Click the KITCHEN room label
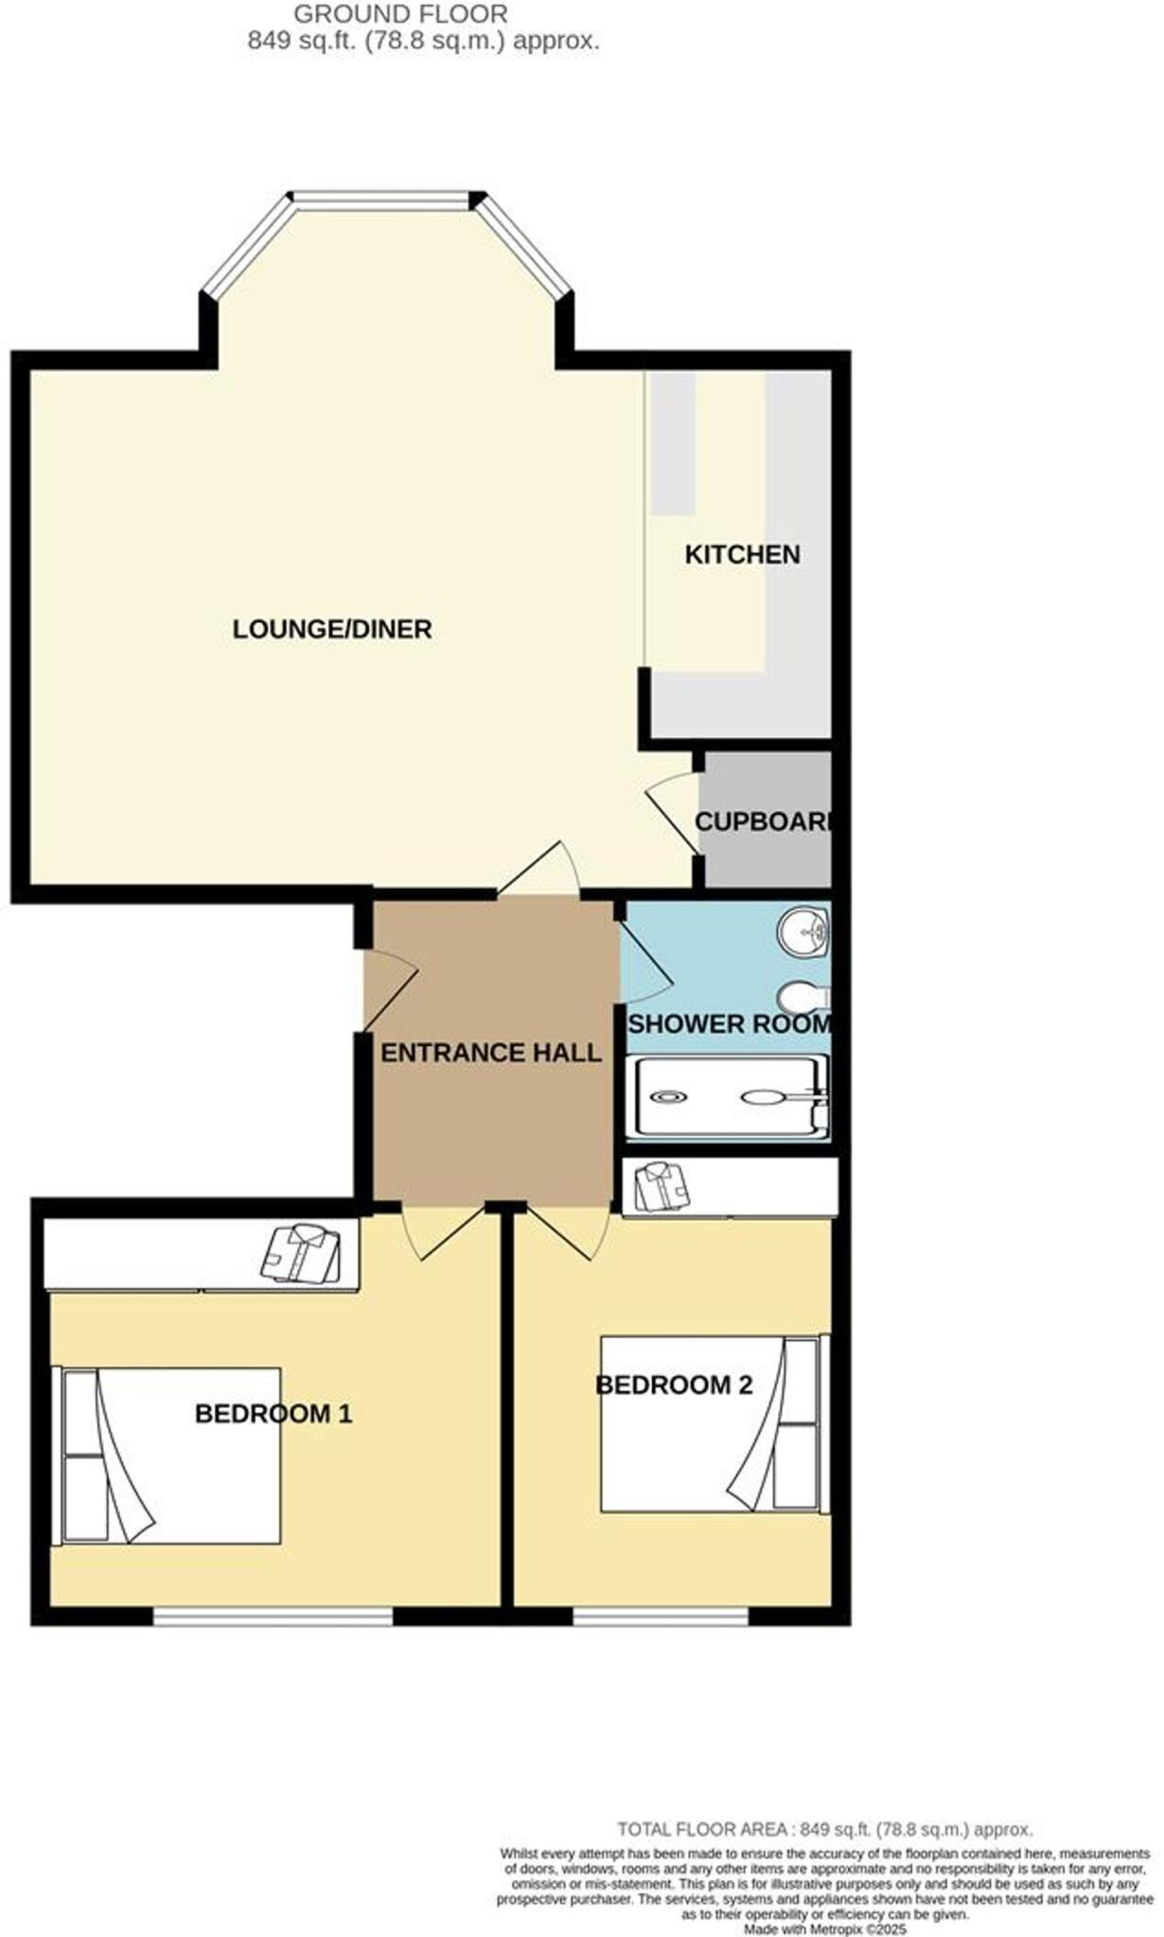tap(742, 554)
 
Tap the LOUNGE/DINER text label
tap(332, 629)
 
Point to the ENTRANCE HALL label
tap(490, 1053)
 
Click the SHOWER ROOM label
tap(729, 1024)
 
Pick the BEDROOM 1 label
tap(273, 1414)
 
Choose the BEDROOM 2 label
tap(674, 1385)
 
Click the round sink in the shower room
tap(803, 932)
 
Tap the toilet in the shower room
tap(804, 996)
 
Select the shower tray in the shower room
tap(727, 1097)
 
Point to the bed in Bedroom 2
tap(710, 1422)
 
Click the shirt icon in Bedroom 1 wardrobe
tap(300, 1253)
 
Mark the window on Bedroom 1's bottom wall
tap(273, 1618)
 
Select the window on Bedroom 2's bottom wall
tap(661, 1618)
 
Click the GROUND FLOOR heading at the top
tap(400, 14)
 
